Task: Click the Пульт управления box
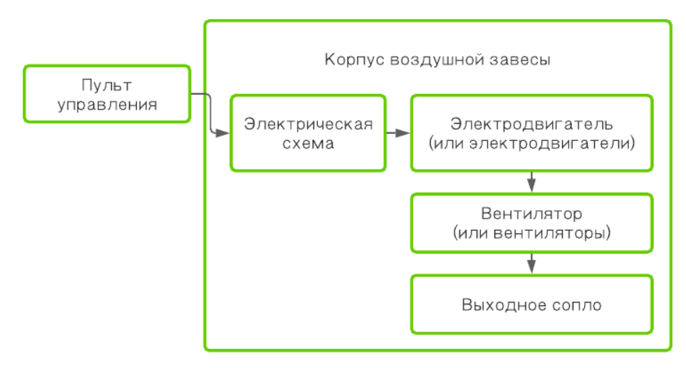(107, 93)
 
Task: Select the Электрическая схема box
(308, 133)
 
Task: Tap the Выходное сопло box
(531, 305)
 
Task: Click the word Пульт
(107, 86)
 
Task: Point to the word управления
(107, 105)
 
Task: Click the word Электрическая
(308, 124)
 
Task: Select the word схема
(308, 142)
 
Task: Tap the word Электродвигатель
(531, 124)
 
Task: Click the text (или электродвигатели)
(531, 142)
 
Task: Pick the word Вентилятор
(531, 214)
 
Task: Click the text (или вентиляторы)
(531, 232)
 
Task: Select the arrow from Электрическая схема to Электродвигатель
(398, 133)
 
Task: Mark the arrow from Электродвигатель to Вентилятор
(531, 182)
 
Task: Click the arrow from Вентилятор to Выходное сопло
(531, 263)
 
